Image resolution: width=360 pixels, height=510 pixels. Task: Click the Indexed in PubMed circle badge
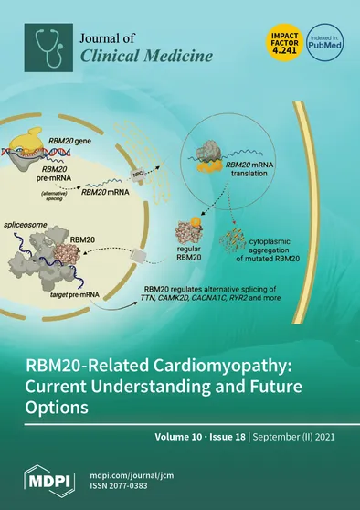(324, 43)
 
